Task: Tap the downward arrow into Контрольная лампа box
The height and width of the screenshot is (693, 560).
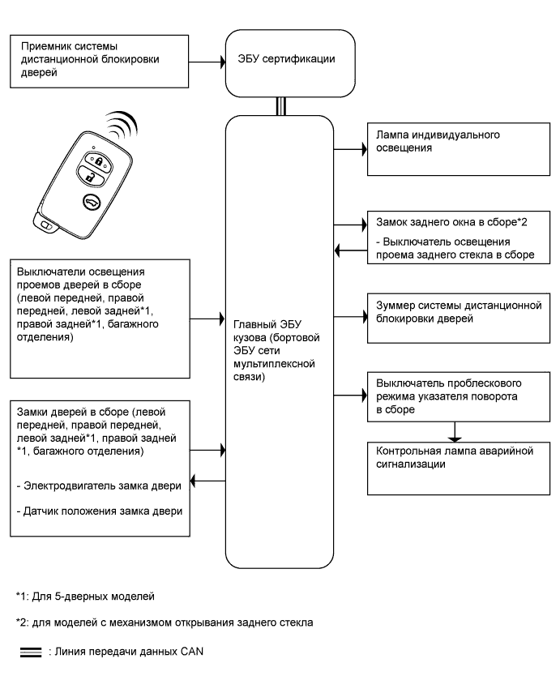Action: pyautogui.click(x=457, y=430)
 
